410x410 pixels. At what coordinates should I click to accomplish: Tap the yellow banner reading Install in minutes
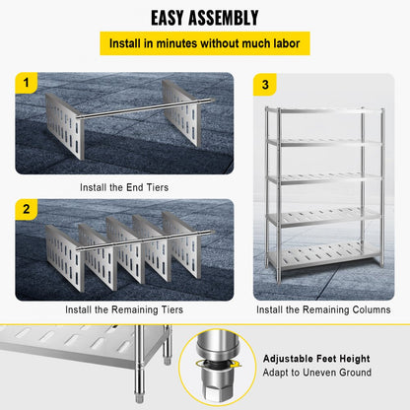[x=204, y=44]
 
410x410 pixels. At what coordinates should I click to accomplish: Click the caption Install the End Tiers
[x=124, y=185]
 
